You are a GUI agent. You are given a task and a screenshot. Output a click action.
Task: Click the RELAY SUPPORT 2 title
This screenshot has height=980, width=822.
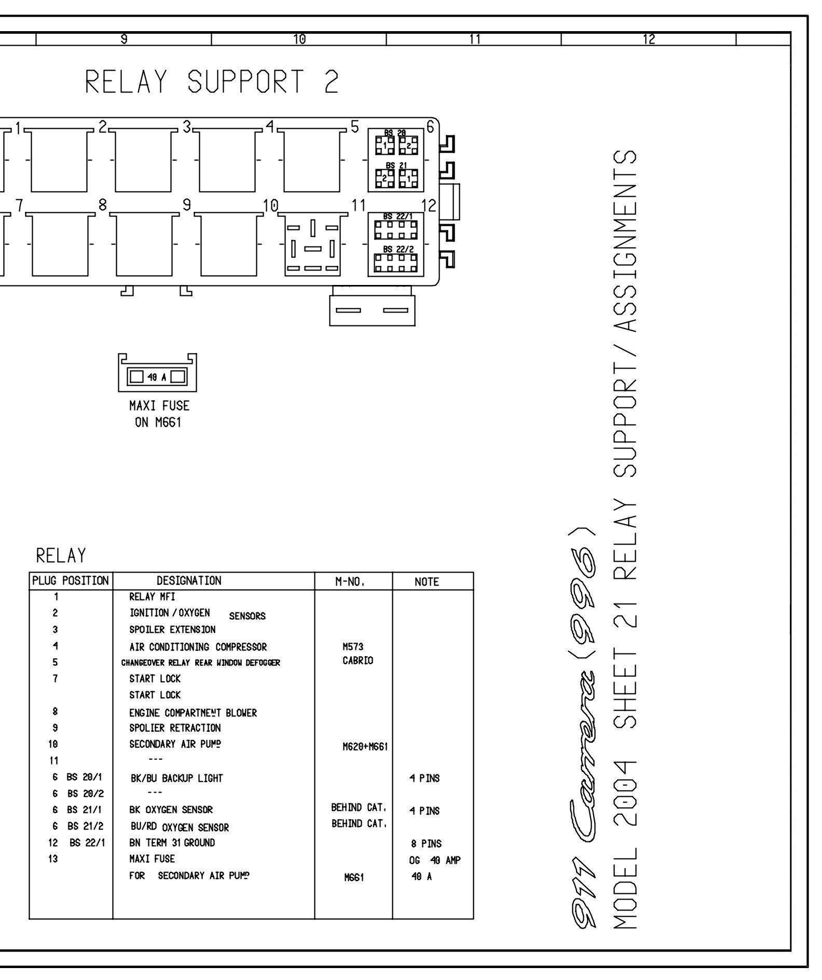(212, 82)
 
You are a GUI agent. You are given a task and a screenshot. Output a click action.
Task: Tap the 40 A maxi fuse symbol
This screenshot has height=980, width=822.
(158, 375)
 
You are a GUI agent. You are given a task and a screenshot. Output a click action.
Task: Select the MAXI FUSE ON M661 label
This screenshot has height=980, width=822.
(159, 414)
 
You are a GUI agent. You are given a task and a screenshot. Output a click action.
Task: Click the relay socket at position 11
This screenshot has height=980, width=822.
(312, 244)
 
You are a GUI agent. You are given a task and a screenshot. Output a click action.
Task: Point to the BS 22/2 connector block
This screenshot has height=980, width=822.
(396, 260)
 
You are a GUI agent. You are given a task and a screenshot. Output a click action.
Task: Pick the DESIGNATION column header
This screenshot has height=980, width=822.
(189, 581)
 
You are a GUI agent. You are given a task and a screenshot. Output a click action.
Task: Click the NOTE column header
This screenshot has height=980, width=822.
(427, 582)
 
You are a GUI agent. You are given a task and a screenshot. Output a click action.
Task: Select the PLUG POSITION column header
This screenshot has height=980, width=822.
(71, 581)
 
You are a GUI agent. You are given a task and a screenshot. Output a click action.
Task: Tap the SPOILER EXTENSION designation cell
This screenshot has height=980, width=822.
(172, 630)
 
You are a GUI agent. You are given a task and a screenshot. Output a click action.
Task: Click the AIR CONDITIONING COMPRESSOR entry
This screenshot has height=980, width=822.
(198, 647)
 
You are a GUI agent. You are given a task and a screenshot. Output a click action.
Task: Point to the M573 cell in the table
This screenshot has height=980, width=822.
(353, 647)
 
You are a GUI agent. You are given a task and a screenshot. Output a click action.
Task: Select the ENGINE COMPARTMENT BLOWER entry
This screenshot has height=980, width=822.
(193, 713)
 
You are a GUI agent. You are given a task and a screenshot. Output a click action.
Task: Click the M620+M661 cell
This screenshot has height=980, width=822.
(365, 747)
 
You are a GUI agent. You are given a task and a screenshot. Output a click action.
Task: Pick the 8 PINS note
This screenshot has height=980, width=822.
(426, 844)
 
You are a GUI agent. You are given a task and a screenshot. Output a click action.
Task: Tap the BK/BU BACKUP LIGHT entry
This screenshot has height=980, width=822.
(176, 778)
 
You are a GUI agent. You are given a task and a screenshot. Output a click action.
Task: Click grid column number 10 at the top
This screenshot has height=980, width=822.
(299, 39)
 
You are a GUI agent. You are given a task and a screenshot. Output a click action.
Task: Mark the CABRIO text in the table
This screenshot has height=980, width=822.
(358, 661)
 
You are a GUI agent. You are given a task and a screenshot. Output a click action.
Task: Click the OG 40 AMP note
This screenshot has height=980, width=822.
(434, 860)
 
